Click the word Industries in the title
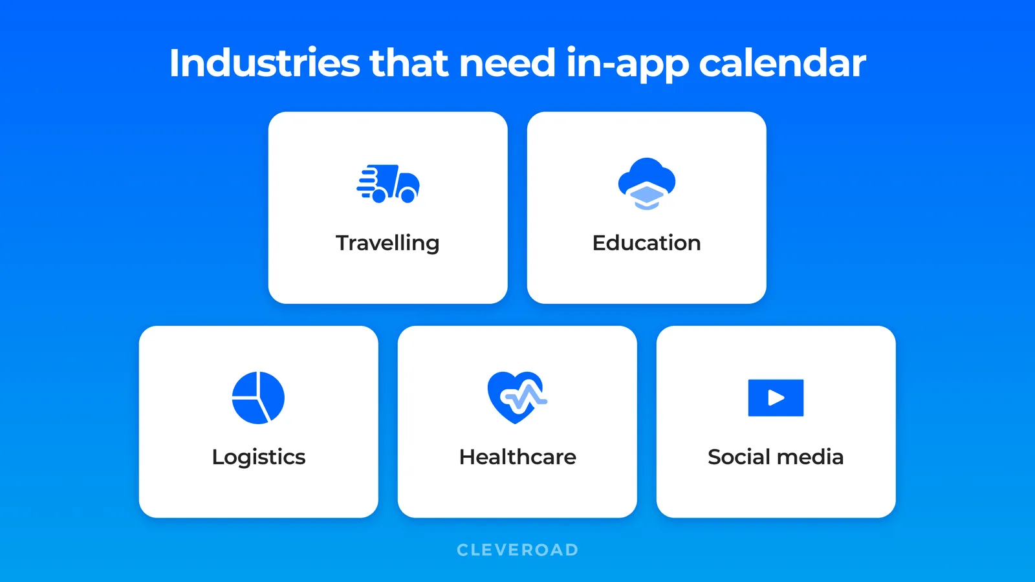coord(264,63)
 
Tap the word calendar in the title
coord(782,63)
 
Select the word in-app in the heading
coord(627,65)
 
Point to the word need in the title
coord(507,63)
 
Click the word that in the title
coord(409,63)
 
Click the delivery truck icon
coord(388,184)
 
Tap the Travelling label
coord(387,243)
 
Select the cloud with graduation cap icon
coord(646,184)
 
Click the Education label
coord(646,243)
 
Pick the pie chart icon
coord(258,398)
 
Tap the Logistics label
coord(258,457)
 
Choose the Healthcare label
coord(517,457)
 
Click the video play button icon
coord(776,398)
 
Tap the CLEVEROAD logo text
coord(517,550)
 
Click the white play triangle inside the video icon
coord(776,398)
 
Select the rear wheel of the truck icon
coord(380,195)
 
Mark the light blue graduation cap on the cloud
coord(647,195)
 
